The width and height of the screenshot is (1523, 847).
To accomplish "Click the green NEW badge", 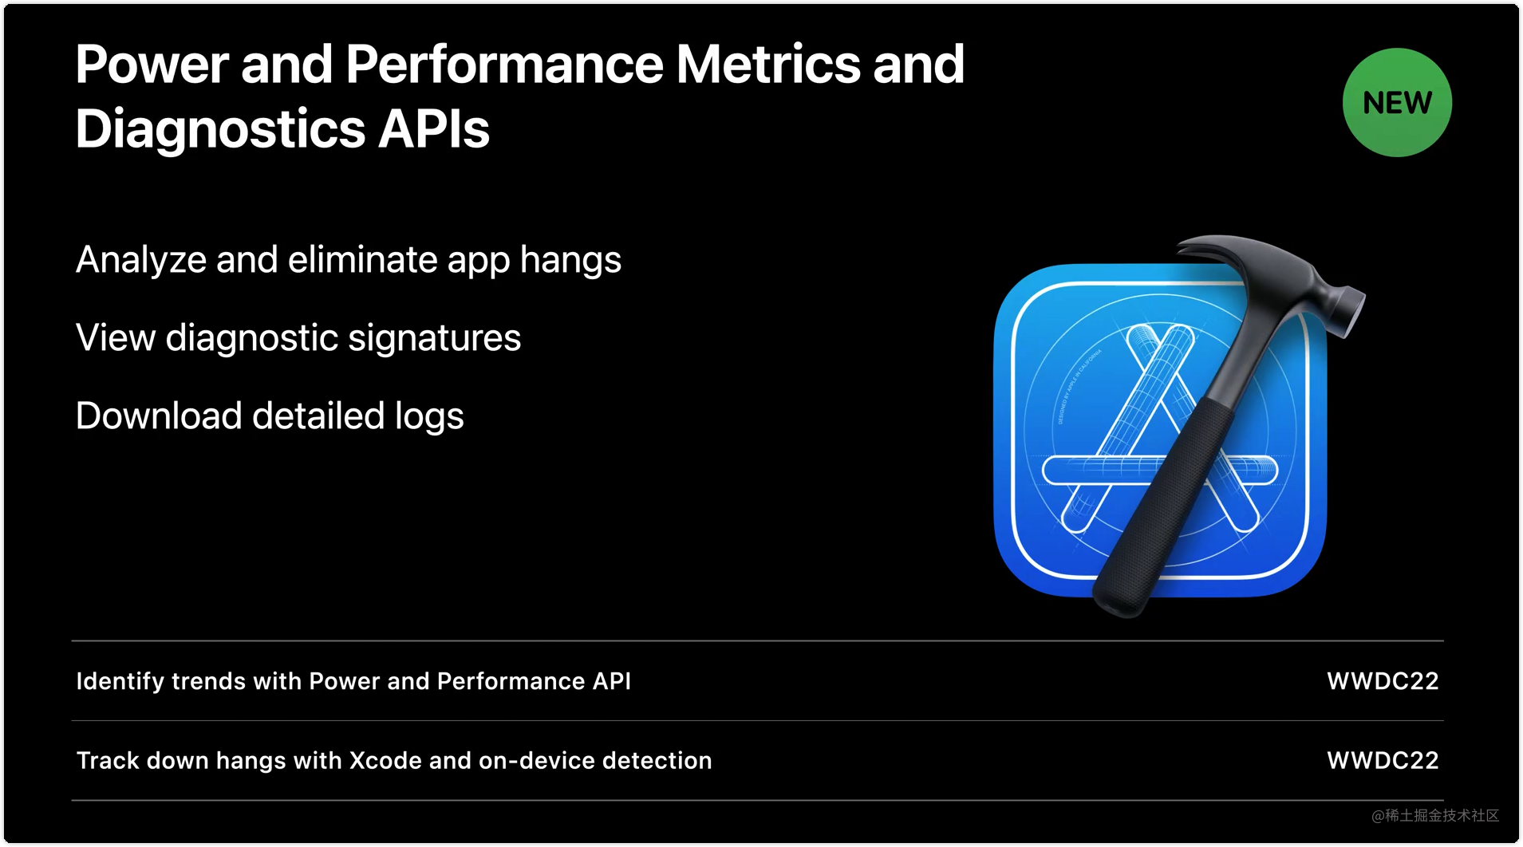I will (1397, 103).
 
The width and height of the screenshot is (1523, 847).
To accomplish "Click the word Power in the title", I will (152, 65).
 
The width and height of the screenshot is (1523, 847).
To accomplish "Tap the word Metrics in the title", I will (767, 65).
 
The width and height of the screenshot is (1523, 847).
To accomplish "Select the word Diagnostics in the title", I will (220, 129).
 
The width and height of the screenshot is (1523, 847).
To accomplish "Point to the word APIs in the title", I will (433, 129).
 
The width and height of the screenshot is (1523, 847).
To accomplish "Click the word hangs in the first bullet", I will (570, 260).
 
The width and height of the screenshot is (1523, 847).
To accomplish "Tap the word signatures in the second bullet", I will (434, 338).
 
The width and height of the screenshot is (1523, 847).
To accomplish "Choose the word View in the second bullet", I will (116, 338).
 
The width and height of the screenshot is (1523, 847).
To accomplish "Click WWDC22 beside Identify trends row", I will (1383, 681).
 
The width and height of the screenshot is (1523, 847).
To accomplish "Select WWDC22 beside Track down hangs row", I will (1383, 761).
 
